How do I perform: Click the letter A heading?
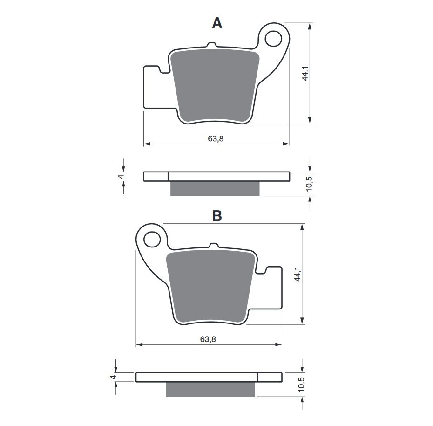pos(217,23)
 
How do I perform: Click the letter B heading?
pos(217,216)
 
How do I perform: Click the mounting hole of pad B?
pos(151,240)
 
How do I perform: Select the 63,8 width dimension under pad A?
pos(216,138)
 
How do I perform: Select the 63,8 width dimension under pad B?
pos(208,339)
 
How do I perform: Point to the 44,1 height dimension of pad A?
pos(305,73)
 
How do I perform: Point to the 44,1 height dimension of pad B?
pos(298,274)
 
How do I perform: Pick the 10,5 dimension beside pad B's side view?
pos(300,385)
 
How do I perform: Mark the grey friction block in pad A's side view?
pos(215,188)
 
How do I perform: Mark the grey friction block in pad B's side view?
pos(210,389)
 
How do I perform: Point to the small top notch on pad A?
pos(211,45)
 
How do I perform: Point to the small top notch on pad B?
pos(213,245)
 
